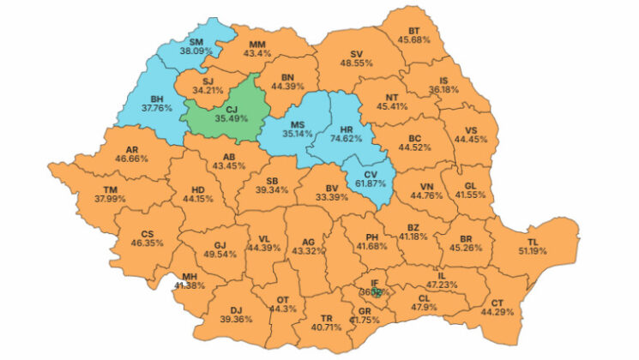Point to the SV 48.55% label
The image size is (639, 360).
click(x=355, y=57)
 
